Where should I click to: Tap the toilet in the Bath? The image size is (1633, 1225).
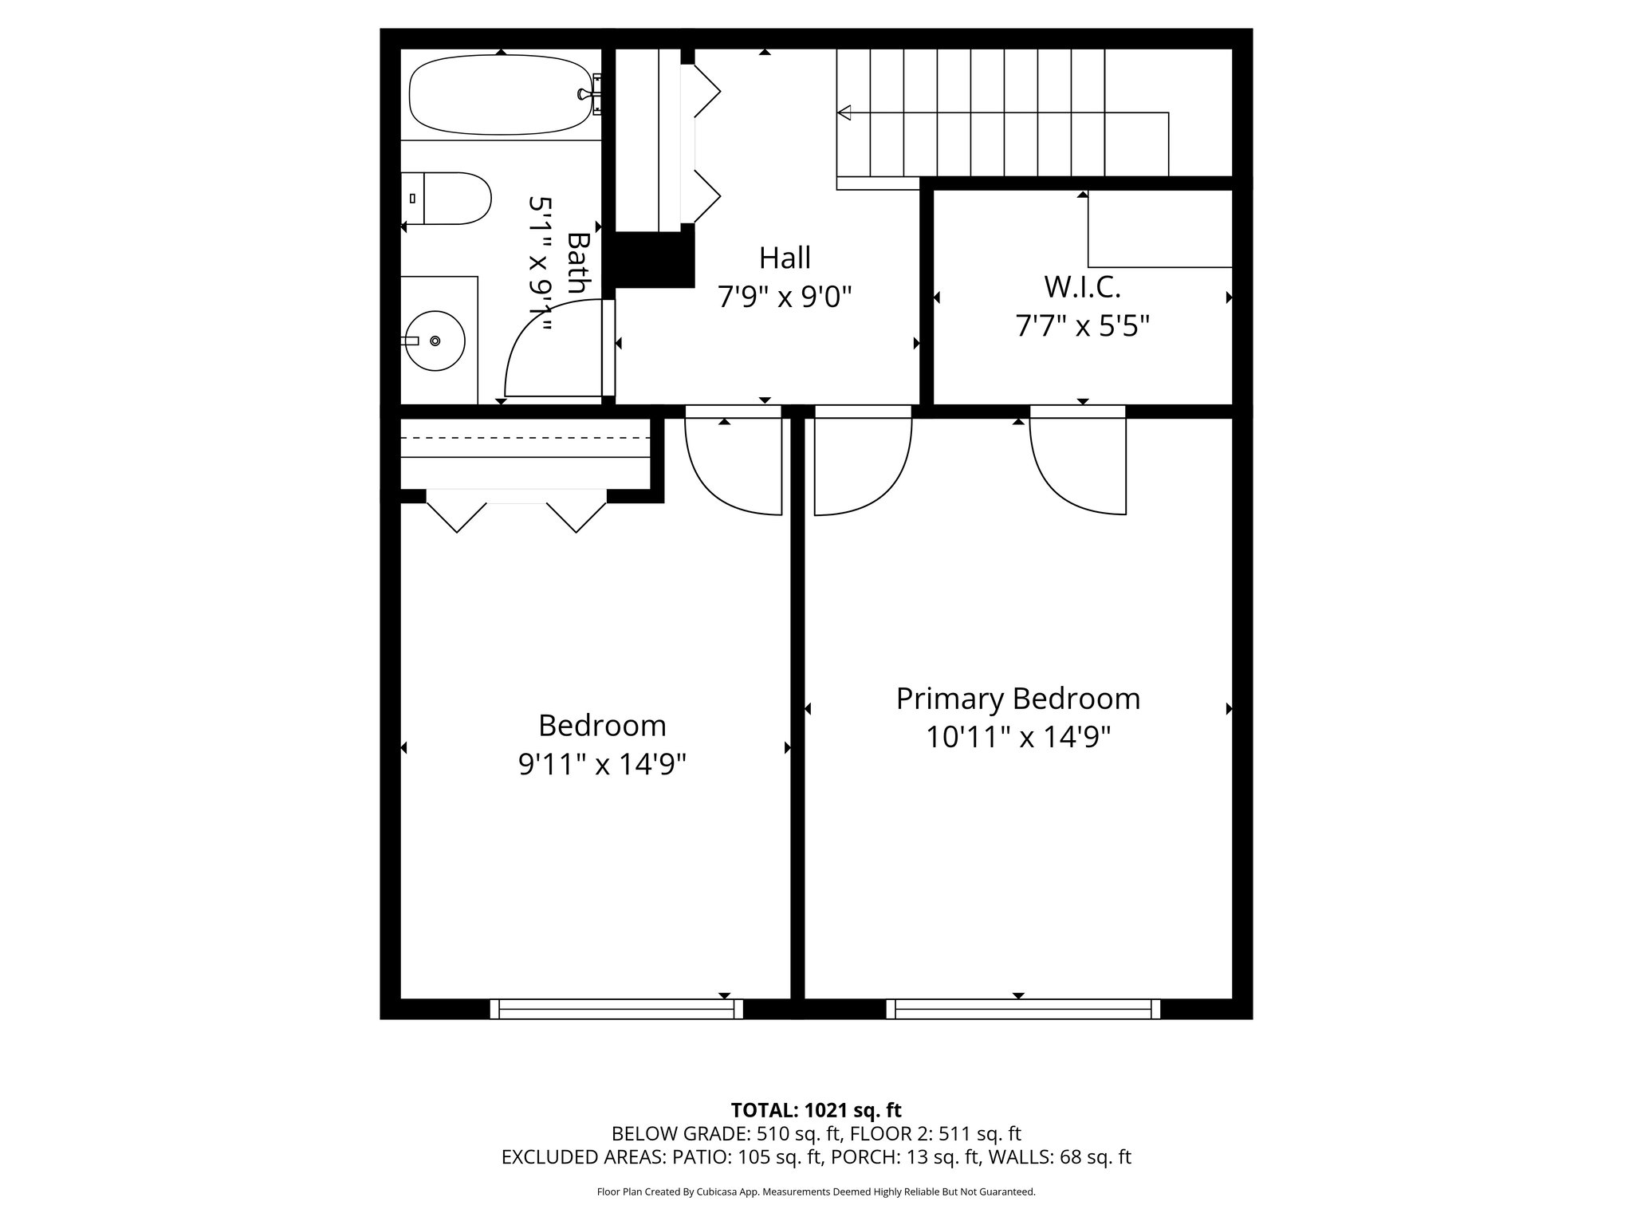coord(451,199)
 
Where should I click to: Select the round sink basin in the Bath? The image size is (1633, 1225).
coord(435,341)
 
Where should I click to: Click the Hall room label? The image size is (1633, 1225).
coord(785,258)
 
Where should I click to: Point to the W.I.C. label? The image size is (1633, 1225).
coord(1081,286)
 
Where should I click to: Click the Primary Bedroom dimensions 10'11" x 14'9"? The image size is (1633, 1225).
coord(1017,737)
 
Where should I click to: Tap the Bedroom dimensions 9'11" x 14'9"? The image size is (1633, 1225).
coord(602,764)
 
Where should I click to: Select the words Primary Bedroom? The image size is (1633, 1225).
coord(1017,699)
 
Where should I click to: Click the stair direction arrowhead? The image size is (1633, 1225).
coord(844,112)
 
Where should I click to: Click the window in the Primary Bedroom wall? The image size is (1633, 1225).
coord(1023,1009)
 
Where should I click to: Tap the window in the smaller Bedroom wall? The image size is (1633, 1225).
coord(616,1009)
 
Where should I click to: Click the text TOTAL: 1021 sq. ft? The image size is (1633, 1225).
coord(816,1109)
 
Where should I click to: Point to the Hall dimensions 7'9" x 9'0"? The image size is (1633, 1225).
coord(785,297)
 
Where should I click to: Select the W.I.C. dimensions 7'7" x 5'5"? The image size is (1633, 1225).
coord(1081,326)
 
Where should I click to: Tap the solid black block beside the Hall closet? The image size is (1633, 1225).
coord(650,259)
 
